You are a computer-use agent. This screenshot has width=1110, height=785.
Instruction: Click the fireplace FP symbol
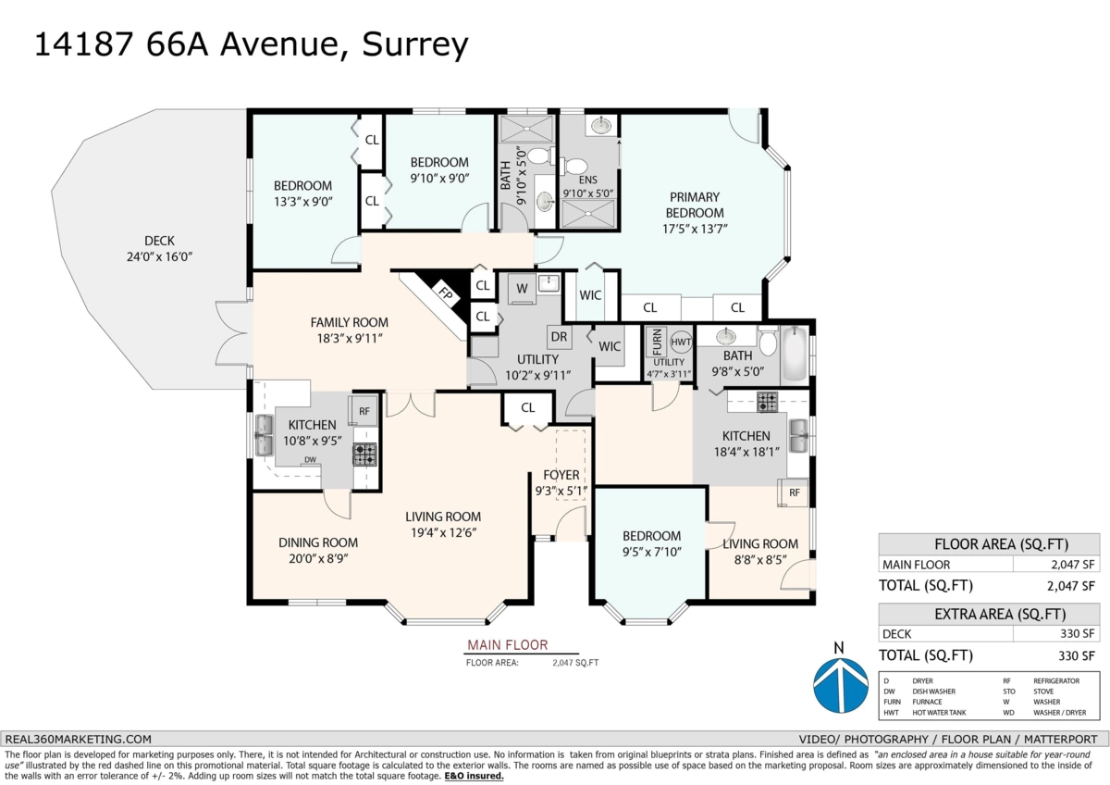click(x=445, y=295)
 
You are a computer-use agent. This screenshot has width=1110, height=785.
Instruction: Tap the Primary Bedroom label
click(x=696, y=205)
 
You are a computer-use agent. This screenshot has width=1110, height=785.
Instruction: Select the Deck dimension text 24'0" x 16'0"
click(x=159, y=257)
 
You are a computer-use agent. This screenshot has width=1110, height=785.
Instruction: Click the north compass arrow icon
click(x=840, y=684)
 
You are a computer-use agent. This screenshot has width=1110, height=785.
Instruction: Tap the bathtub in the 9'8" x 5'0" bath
click(x=794, y=355)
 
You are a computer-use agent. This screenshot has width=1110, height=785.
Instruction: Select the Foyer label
click(x=561, y=476)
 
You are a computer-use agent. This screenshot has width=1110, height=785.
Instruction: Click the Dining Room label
click(x=317, y=542)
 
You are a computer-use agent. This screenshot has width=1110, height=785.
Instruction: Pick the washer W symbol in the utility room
click(x=522, y=288)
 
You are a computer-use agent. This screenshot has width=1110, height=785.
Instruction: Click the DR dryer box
click(x=560, y=336)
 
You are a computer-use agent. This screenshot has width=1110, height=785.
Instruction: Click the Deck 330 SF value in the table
click(x=1078, y=633)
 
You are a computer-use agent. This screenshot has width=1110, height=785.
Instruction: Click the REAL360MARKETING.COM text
click(x=78, y=739)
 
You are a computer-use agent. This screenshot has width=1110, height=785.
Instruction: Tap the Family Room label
click(x=349, y=322)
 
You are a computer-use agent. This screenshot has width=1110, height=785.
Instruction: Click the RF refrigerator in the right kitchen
click(x=795, y=493)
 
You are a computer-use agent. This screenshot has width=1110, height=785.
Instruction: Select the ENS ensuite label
click(x=588, y=180)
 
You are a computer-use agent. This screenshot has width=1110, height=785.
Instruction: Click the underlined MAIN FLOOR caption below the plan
click(x=507, y=645)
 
